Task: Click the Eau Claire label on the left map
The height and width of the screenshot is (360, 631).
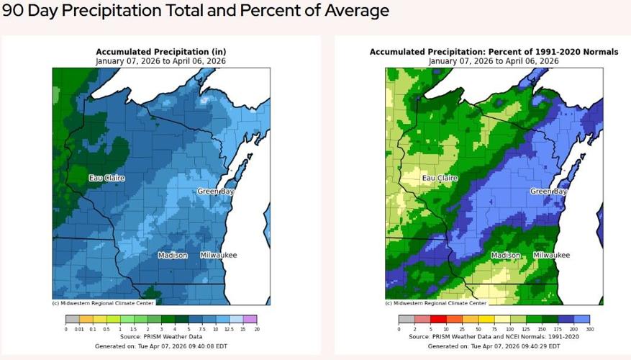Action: point(104,178)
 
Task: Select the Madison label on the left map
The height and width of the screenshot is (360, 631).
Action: point(173,256)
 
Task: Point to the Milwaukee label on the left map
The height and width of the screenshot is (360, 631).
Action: point(218,256)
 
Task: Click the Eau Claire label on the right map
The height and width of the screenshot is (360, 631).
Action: point(439,178)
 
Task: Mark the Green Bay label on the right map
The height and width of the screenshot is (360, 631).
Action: point(548,192)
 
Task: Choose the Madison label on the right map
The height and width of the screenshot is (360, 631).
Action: point(506,256)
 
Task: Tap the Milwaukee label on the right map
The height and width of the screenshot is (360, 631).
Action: point(551,256)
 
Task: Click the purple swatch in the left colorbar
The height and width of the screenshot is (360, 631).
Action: point(250,318)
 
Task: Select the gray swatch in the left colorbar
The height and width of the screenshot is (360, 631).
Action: point(72,318)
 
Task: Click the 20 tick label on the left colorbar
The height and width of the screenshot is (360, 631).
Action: point(256,328)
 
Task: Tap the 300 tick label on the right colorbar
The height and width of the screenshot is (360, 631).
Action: point(589,328)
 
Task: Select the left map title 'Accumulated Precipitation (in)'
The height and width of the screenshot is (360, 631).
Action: point(160,53)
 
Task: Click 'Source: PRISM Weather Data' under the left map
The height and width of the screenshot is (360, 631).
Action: point(160,336)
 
